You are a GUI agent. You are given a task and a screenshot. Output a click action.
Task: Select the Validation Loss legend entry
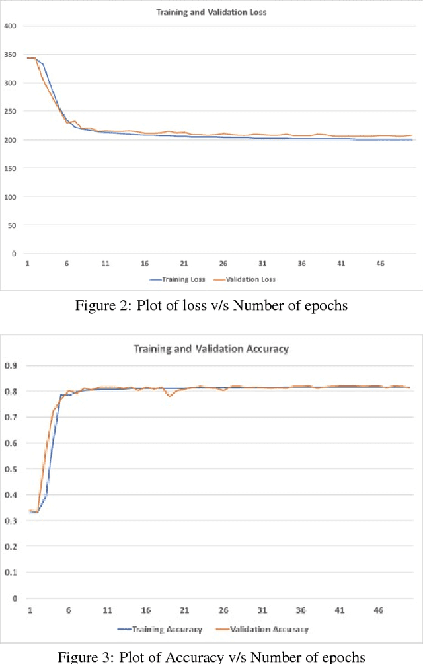pos(247,279)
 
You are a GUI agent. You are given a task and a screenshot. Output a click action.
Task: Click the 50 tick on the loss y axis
pos(13,225)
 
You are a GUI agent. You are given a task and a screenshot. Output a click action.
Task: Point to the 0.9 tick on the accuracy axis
pos(11,365)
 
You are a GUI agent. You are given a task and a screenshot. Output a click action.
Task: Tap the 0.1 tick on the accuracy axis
pos(11,573)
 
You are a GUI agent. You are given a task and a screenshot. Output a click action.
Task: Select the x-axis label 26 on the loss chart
pos(223,263)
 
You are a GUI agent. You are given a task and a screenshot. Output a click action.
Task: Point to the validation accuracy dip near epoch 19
pos(170,396)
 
